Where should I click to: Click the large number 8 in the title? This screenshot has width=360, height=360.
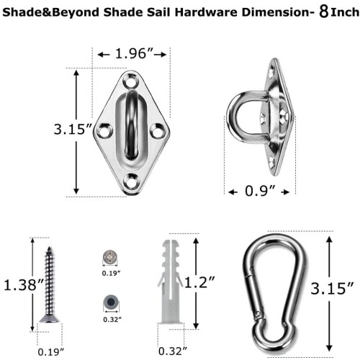pos(324,12)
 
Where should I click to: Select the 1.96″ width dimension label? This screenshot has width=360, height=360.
pos(134,53)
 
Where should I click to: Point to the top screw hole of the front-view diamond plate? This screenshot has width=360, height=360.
pos(130,81)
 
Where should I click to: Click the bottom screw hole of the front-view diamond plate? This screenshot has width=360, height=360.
pos(131,181)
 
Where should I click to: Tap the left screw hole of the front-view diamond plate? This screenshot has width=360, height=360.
pos(104,131)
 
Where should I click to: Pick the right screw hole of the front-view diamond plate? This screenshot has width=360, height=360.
pos(158,131)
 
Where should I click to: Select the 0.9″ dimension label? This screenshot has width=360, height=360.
pos(260,192)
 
